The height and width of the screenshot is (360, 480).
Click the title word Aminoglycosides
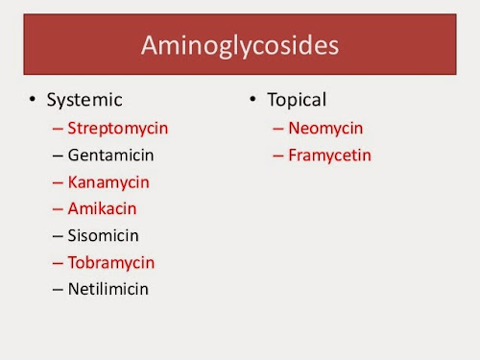(239, 46)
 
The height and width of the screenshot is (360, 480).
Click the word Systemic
(84, 100)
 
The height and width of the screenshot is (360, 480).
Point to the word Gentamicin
(110, 155)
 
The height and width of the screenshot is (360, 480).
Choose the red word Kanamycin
(108, 181)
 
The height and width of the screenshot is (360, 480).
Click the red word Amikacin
(103, 208)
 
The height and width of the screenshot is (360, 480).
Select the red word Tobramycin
(110, 262)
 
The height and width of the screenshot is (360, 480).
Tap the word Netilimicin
(108, 289)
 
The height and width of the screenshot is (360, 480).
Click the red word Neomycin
(325, 128)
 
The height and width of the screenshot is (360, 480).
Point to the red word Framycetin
(329, 155)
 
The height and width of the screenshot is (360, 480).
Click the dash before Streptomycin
(60, 128)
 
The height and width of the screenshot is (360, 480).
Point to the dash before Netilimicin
(60, 290)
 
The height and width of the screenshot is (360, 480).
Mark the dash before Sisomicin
(60, 236)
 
